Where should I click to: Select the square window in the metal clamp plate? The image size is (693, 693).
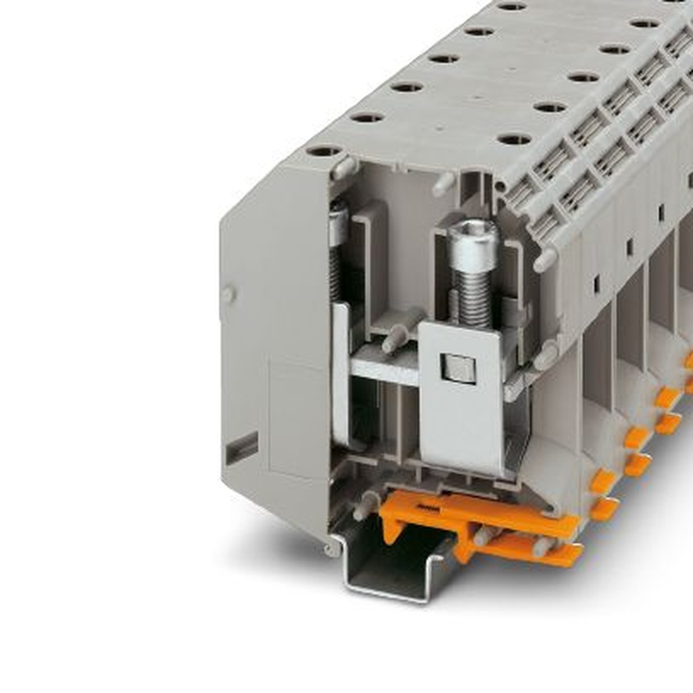pyautogui.click(x=458, y=369)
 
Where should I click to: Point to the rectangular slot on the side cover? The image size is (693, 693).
pyautogui.click(x=242, y=448)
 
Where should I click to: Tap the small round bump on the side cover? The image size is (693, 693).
pyautogui.click(x=228, y=295)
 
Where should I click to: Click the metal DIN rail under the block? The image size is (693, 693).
pyautogui.click(x=388, y=568)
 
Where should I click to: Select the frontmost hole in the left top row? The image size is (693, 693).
pyautogui.click(x=324, y=150)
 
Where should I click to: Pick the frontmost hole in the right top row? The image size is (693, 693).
pyautogui.click(x=515, y=139)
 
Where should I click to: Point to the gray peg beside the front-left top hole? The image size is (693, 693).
pyautogui.click(x=344, y=168)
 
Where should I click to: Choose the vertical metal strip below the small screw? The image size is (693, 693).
pyautogui.click(x=342, y=374)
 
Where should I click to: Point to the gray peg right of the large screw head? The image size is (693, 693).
pyautogui.click(x=545, y=259)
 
